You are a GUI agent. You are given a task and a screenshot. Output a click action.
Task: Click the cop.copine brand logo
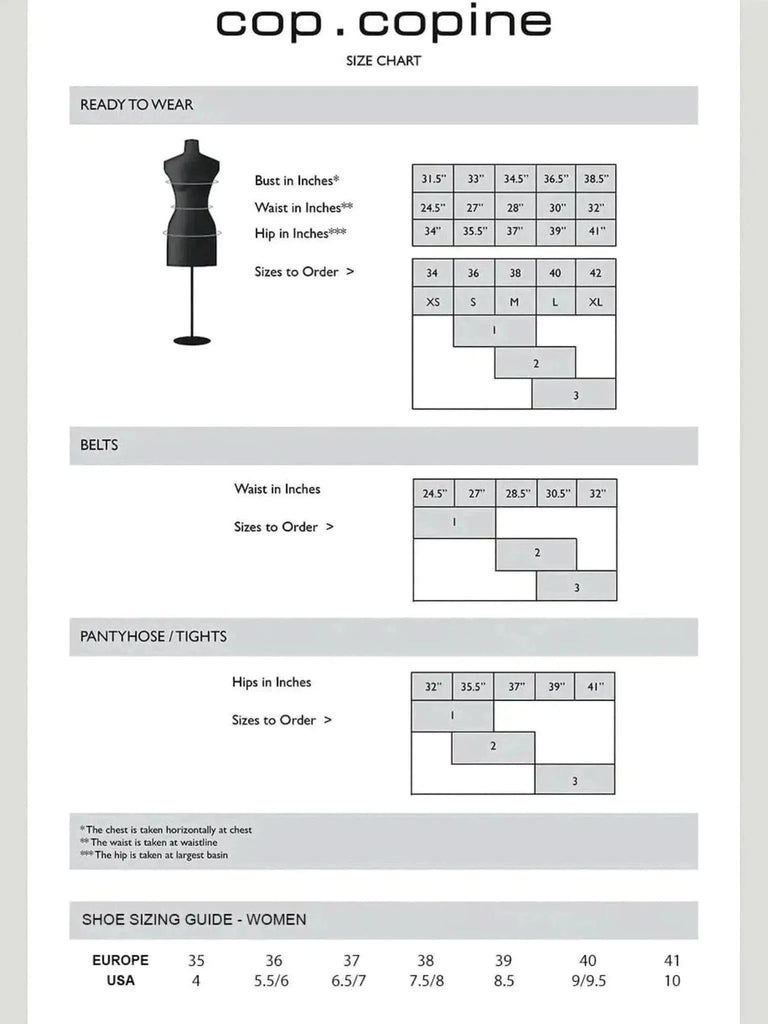tap(383, 23)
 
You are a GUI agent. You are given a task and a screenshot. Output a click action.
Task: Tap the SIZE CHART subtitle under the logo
tap(383, 61)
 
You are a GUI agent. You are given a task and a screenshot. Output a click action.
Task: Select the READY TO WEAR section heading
tap(137, 104)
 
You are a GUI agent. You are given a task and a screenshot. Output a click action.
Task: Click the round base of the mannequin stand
tap(192, 340)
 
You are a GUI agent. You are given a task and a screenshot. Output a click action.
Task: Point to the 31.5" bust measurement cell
tap(432, 179)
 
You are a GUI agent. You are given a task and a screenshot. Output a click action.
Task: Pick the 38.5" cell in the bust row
tap(596, 179)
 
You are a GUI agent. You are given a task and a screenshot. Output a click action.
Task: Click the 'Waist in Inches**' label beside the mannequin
tap(304, 207)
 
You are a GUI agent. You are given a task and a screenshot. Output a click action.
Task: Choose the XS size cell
tap(432, 301)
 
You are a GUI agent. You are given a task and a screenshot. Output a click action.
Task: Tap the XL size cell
tap(596, 301)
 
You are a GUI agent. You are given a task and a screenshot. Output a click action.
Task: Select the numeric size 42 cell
tap(596, 273)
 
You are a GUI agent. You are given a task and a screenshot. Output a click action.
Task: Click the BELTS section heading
tap(99, 445)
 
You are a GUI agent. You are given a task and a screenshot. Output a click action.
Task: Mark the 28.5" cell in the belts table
tap(516, 494)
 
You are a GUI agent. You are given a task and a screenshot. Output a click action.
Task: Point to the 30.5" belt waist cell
tap(556, 494)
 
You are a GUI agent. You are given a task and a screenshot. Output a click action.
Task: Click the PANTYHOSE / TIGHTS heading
tap(153, 636)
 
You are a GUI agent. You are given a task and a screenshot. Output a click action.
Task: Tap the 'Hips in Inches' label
tap(271, 682)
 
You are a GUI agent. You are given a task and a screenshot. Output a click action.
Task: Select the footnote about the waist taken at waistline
tap(148, 843)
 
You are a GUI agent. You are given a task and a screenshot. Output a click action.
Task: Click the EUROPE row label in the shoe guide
tap(120, 960)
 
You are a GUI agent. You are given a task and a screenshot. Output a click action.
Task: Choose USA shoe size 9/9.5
tap(588, 981)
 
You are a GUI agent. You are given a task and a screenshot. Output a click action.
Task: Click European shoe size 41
tap(672, 960)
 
